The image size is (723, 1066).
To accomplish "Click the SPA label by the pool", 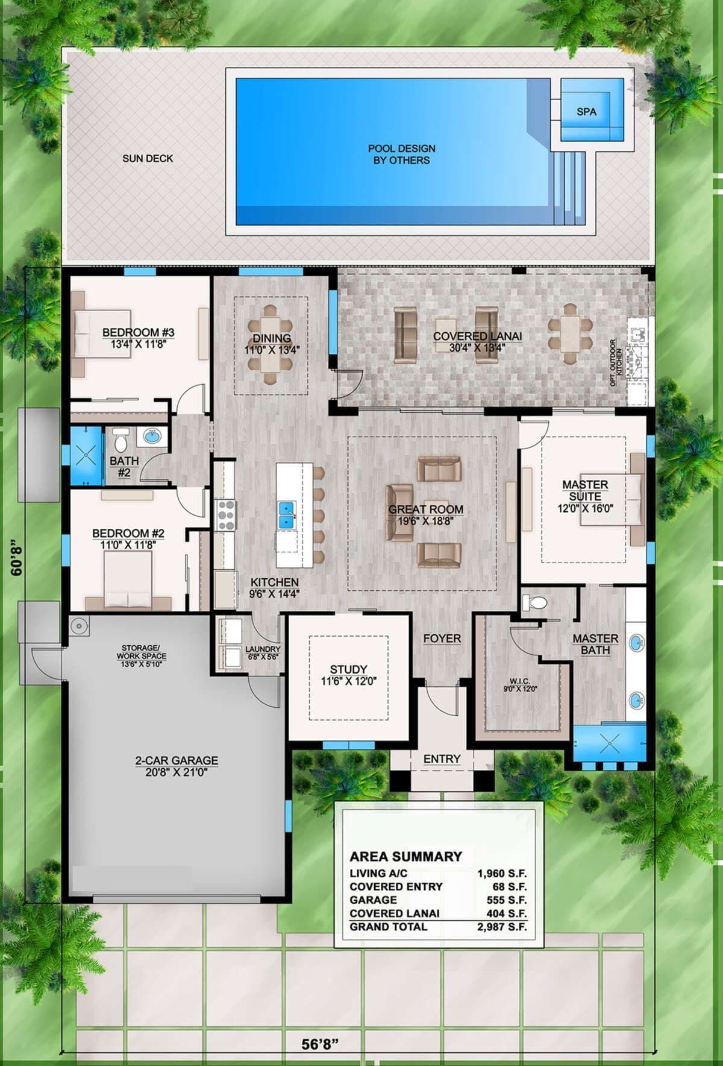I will (x=586, y=112).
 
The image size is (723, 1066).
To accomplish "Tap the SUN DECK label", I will (x=148, y=159).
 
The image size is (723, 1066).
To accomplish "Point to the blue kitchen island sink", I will (x=286, y=513).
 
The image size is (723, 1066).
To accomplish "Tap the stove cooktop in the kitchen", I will (x=226, y=515).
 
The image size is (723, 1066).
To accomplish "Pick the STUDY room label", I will (x=348, y=669).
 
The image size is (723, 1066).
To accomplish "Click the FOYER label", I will (x=442, y=638).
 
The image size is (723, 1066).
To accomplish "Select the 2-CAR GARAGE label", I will (x=177, y=761).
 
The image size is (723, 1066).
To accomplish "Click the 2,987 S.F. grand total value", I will (x=502, y=927).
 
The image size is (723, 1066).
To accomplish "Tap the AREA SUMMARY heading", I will (x=406, y=856).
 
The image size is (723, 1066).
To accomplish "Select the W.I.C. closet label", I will (x=519, y=681).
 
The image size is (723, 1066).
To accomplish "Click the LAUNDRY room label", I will (x=263, y=649).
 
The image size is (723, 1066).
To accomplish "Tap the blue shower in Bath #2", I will (x=87, y=455).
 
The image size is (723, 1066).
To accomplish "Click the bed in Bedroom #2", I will (x=128, y=579).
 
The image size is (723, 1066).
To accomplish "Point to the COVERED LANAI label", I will (x=477, y=336).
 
